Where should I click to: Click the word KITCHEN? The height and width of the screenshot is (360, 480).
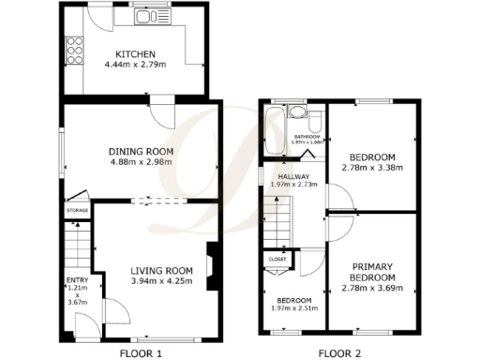pos(135,54)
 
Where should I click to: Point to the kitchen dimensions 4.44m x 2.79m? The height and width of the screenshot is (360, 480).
pos(135,66)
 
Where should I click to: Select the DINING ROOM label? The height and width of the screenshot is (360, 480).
pos(142,151)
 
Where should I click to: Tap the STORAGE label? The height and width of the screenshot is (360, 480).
pos(77,211)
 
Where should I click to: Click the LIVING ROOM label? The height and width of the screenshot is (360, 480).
pos(161,271)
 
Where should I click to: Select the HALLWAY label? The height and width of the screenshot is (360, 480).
pos(293,174)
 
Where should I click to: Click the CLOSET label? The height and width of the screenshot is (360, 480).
pos(277,259)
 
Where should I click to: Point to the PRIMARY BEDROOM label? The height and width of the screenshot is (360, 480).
pos(371,271)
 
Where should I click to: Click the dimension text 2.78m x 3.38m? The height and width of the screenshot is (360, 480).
pos(372,169)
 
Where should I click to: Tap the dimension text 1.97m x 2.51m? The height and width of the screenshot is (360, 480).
pos(292,309)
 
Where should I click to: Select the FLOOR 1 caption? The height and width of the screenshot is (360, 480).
pos(140,353)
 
